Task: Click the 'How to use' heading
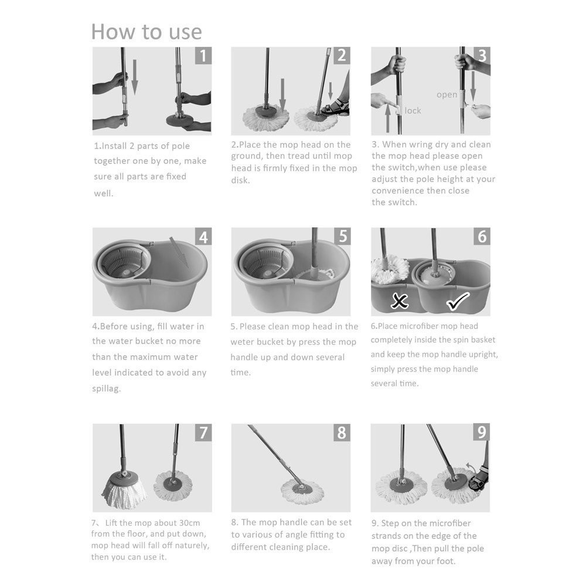[x=146, y=31]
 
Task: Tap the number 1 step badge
[x=203, y=56]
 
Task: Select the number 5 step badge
[x=342, y=237]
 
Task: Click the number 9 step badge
[x=481, y=433]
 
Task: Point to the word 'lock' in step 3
[x=413, y=111]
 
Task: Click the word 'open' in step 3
[x=447, y=95]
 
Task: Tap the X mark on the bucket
[x=400, y=302]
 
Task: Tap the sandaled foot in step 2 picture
[x=336, y=108]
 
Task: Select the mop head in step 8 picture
[x=302, y=490]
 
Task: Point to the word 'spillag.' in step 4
[x=107, y=389]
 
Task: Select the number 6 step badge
[x=482, y=237]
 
